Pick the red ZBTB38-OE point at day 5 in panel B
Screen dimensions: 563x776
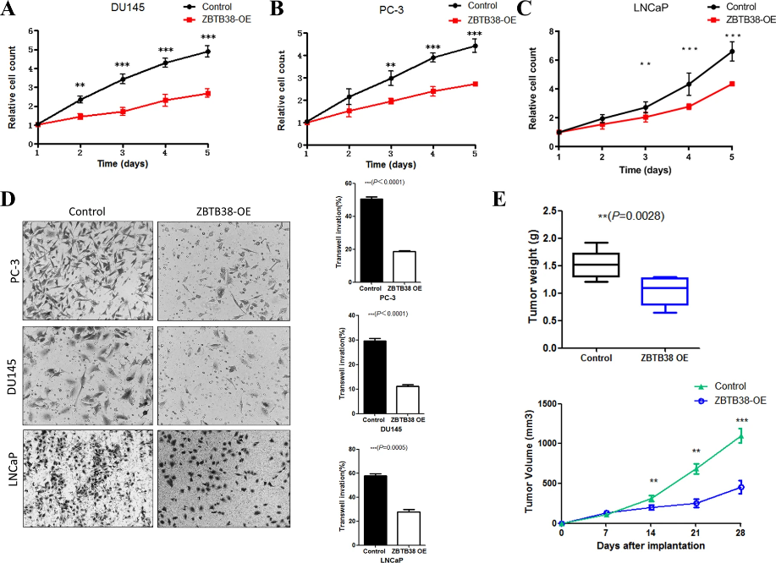click(475, 84)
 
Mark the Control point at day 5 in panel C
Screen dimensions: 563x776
click(732, 51)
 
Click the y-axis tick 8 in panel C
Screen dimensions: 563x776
click(551, 32)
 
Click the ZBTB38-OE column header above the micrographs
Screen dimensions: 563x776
click(223, 211)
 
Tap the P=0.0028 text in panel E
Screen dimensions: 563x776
click(630, 216)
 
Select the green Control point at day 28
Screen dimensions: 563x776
click(740, 436)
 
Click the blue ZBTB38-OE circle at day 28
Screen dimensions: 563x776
click(740, 488)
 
